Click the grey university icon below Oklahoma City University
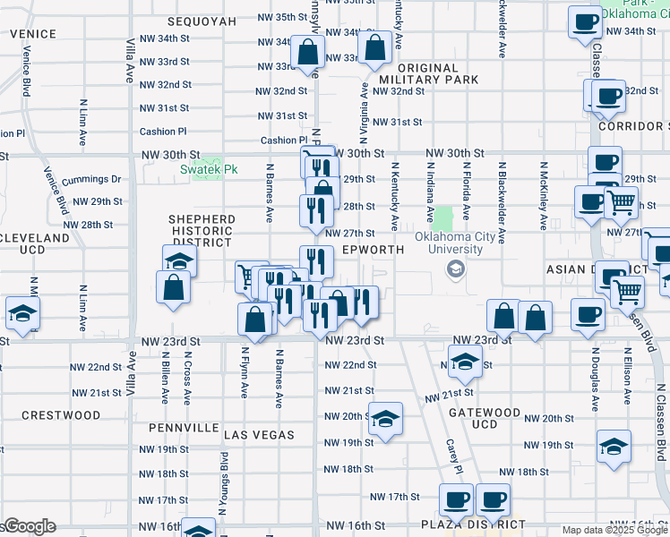(455, 268)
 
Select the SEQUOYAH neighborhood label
(202, 20)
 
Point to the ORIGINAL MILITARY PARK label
(427, 73)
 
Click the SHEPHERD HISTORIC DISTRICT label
(202, 231)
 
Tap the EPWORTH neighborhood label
(369, 251)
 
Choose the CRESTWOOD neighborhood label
(61, 415)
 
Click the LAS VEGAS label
(259, 435)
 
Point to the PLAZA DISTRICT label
(473, 524)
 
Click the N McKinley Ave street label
(543, 193)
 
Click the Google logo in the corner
(29, 526)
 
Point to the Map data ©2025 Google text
(614, 530)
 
